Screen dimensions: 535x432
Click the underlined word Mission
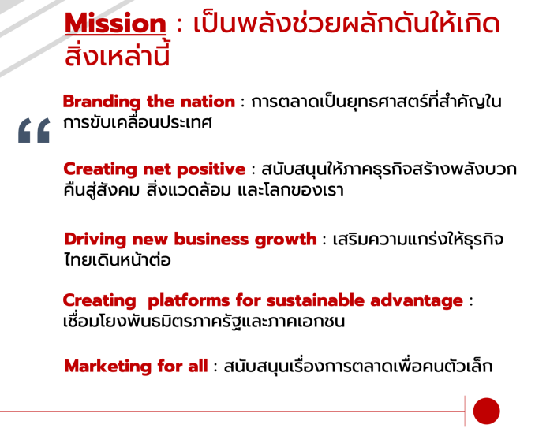point(115,23)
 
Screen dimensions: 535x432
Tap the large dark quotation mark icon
point(34,130)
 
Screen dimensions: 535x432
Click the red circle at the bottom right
point(486,411)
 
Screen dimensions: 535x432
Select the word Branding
point(102,102)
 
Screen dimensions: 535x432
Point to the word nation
point(208,102)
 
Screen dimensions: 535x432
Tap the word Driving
point(95,240)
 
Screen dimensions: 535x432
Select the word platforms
point(189,300)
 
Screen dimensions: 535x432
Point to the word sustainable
point(316,300)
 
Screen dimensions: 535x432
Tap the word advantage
point(417,301)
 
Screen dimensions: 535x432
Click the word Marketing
point(108,367)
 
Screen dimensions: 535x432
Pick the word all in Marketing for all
point(198,367)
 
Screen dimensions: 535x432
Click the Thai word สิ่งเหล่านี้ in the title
point(117,54)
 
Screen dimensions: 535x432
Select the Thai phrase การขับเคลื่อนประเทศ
point(137,122)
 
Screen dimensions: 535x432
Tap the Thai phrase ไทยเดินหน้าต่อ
point(118,259)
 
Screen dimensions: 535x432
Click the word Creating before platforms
point(99,301)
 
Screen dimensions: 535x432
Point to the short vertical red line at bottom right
point(465,412)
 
